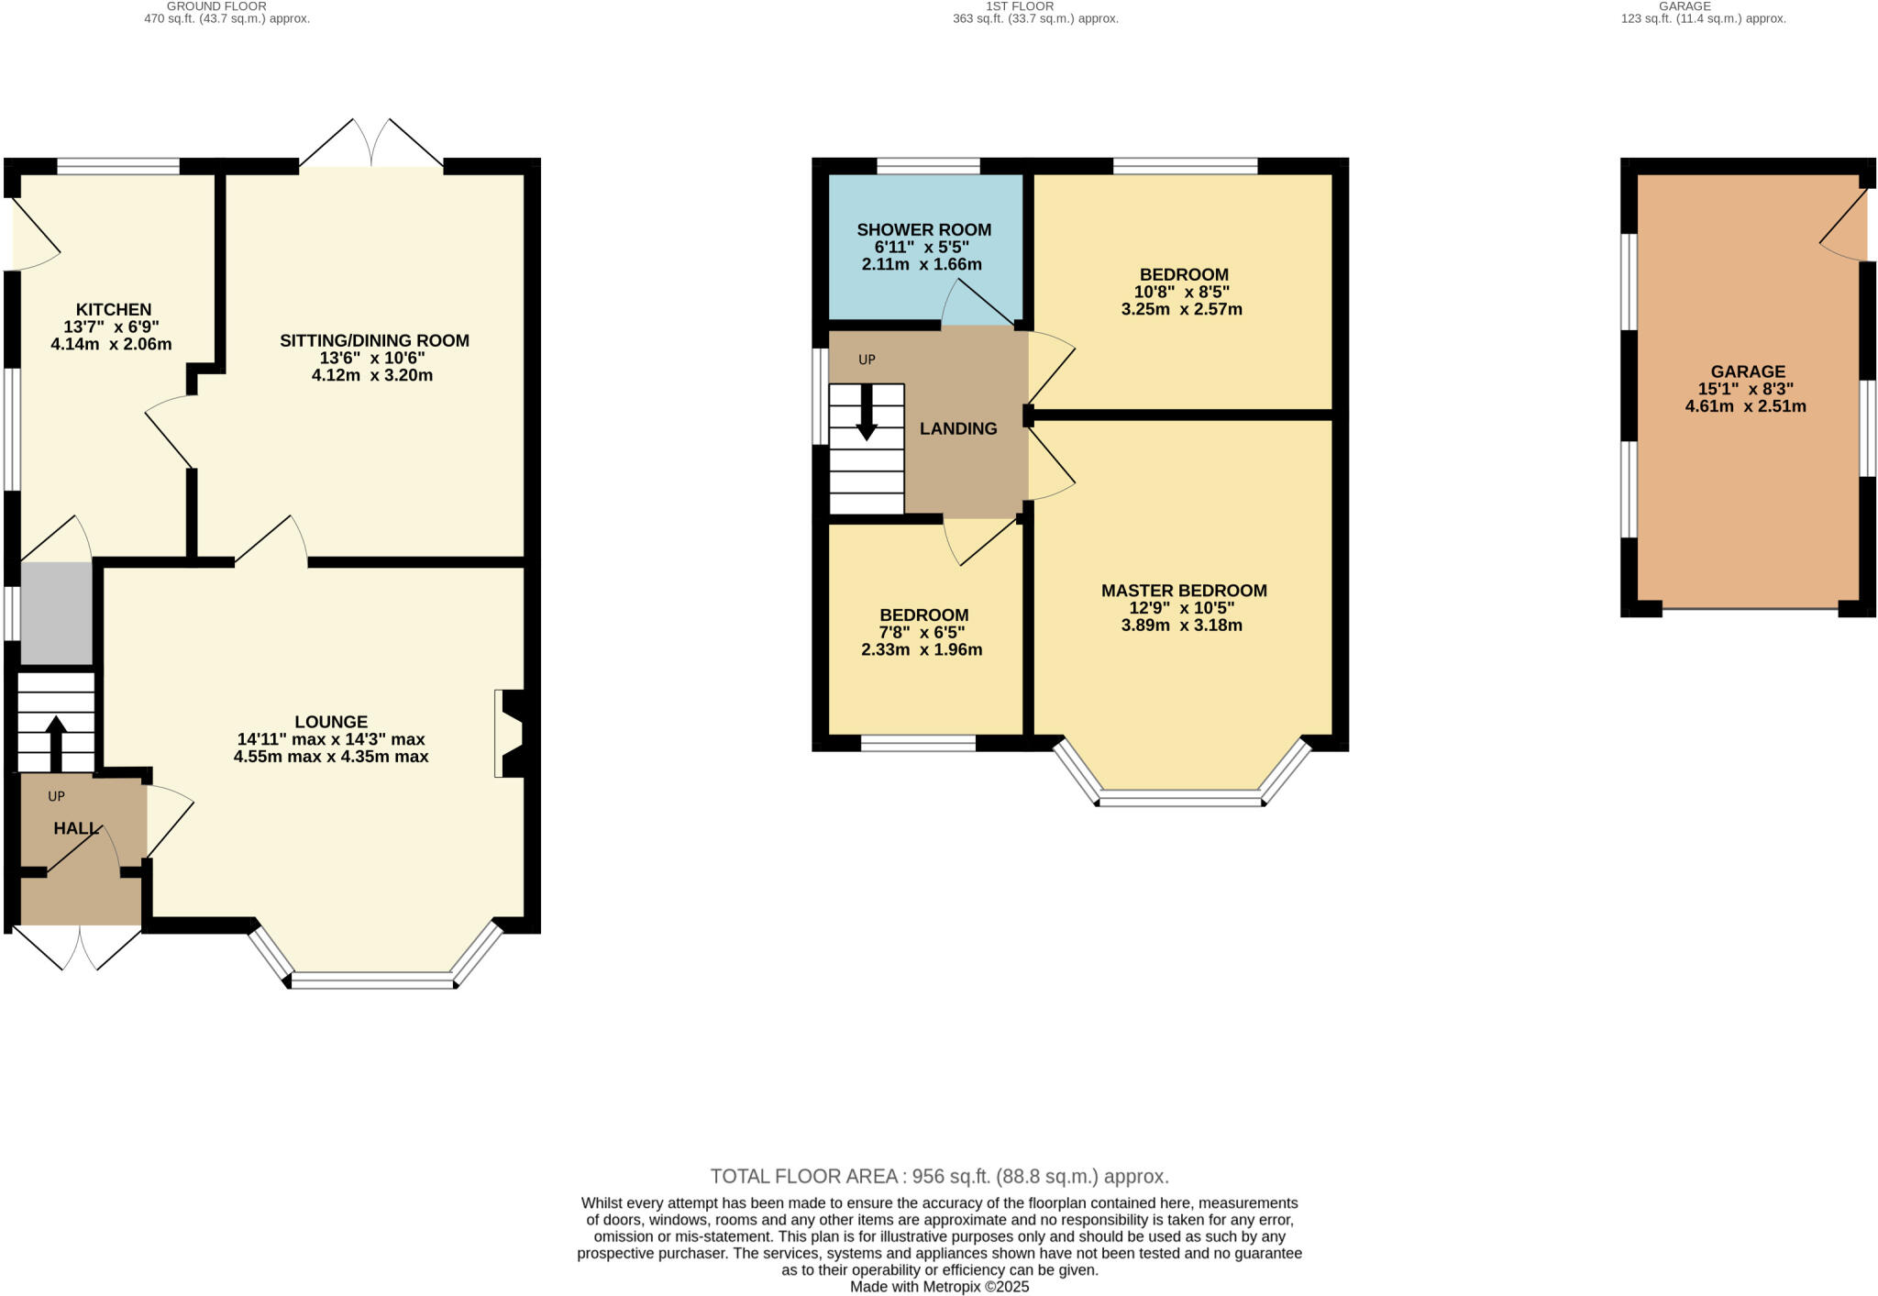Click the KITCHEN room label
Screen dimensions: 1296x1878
click(113, 309)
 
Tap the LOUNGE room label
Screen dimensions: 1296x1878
click(331, 722)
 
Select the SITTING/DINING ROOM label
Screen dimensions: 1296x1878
click(374, 340)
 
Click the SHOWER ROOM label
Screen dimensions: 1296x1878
click(923, 229)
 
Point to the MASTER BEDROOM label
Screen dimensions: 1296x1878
click(1184, 591)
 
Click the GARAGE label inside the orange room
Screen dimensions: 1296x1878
click(1748, 371)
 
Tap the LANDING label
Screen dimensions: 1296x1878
click(958, 428)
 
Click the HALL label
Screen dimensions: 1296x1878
click(75, 828)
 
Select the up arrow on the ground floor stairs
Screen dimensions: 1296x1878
click(56, 741)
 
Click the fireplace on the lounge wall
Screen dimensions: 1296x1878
click(510, 733)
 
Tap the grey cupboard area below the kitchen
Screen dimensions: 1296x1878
click(57, 613)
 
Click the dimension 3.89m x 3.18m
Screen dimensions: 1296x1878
click(1181, 626)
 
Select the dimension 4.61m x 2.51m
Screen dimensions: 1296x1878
click(1745, 406)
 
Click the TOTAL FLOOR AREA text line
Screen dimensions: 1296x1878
click(939, 1176)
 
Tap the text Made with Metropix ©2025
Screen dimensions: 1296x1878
click(939, 1287)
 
